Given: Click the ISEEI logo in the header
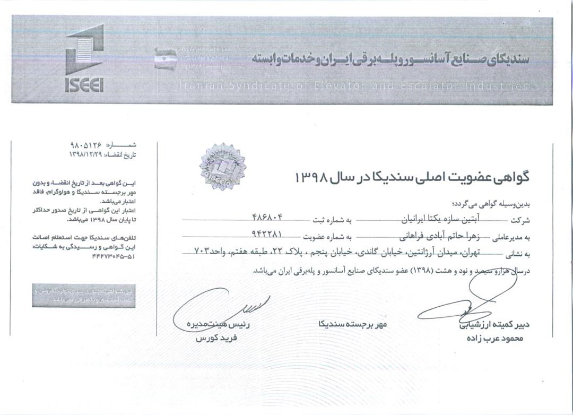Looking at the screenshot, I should click(x=84, y=59).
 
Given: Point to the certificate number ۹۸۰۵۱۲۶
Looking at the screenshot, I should click(x=88, y=144).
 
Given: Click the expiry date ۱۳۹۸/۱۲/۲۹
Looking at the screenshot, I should click(x=87, y=154).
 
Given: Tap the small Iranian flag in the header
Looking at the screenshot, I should click(x=165, y=59).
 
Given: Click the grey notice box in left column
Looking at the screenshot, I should click(x=88, y=296).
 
